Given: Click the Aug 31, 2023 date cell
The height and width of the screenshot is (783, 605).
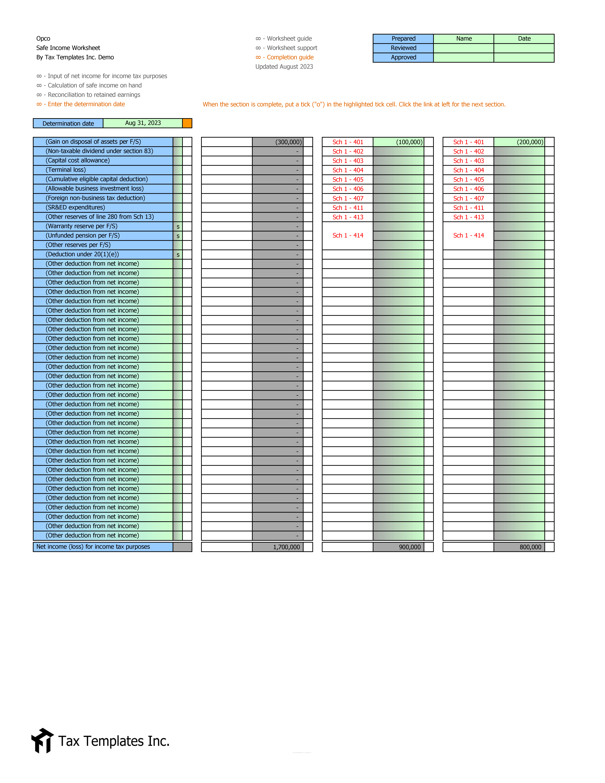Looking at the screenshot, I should (x=143, y=123).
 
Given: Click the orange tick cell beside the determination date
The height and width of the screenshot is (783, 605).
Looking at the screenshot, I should (x=187, y=123).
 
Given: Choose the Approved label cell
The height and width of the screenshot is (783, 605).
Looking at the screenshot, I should (x=403, y=57).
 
